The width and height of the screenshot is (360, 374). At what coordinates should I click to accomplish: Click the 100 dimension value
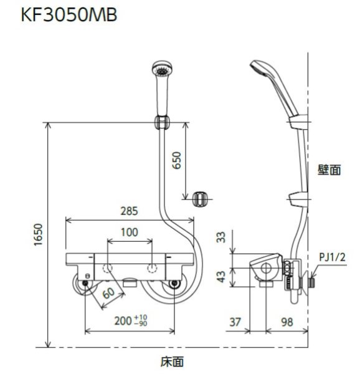(x=130, y=233)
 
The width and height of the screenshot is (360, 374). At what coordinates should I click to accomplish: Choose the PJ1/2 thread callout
(x=332, y=256)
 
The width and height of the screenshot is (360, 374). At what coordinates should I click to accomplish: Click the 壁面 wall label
(x=329, y=170)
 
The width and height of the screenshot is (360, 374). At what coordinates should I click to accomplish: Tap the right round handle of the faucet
(x=174, y=284)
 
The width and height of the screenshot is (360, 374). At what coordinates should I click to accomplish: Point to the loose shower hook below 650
(x=199, y=199)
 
